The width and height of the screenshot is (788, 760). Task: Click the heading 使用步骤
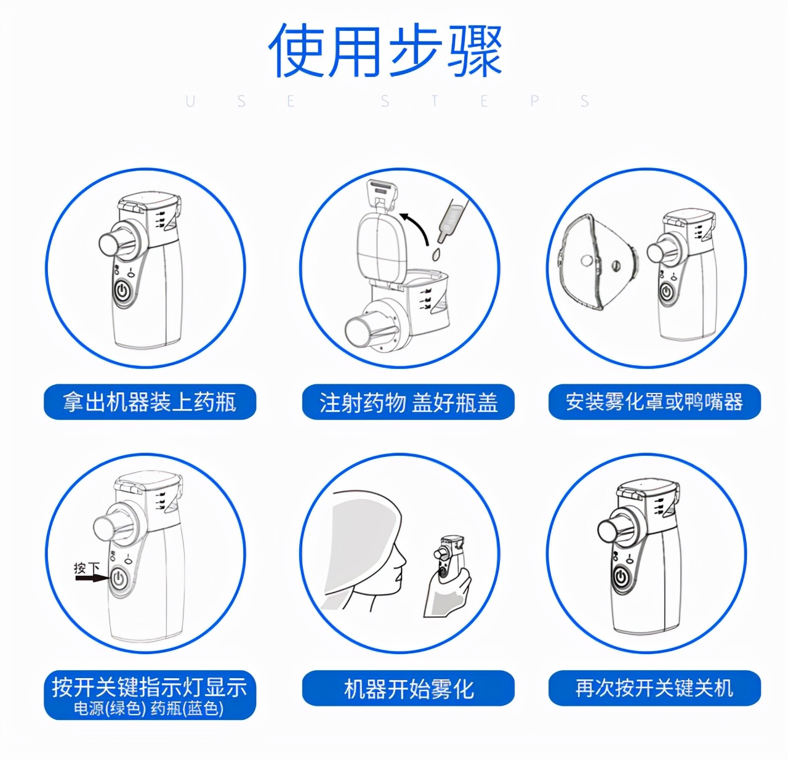tap(386, 51)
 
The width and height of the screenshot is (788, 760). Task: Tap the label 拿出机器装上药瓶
tap(150, 402)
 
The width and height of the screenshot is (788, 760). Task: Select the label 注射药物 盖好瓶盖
tap(408, 403)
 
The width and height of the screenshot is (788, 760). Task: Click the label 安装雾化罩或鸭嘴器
tap(654, 402)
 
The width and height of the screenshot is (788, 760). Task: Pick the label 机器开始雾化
tap(408, 688)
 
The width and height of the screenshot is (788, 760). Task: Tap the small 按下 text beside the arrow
tap(86, 567)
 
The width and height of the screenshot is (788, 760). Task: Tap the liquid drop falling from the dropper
tap(436, 254)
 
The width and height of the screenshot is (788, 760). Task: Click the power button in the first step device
tap(123, 291)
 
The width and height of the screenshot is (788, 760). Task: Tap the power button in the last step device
tap(622, 577)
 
